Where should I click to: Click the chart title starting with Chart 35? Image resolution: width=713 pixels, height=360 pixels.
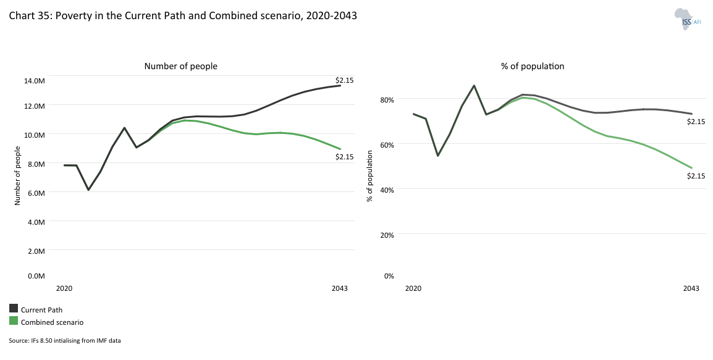tap(183, 16)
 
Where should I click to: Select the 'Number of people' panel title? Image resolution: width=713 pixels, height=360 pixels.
tap(180, 66)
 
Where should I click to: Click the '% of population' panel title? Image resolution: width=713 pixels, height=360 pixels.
tap(533, 66)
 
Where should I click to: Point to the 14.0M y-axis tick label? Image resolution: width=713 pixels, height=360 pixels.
tap(35, 80)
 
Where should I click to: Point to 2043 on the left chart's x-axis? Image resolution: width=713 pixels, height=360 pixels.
tap(339, 288)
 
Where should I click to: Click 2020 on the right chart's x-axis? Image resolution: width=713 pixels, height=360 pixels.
tap(413, 288)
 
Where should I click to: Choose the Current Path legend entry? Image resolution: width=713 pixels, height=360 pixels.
tap(41, 310)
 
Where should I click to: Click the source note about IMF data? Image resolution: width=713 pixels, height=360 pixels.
tap(65, 341)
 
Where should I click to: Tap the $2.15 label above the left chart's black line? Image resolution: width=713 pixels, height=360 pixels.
tap(344, 80)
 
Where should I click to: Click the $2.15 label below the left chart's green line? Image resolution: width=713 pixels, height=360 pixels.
tap(344, 157)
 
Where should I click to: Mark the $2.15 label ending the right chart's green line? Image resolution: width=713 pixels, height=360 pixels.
tap(696, 176)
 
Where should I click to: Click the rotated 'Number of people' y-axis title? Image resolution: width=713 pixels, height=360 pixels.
tap(17, 175)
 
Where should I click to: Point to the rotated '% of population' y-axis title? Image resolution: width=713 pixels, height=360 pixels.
tap(369, 177)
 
